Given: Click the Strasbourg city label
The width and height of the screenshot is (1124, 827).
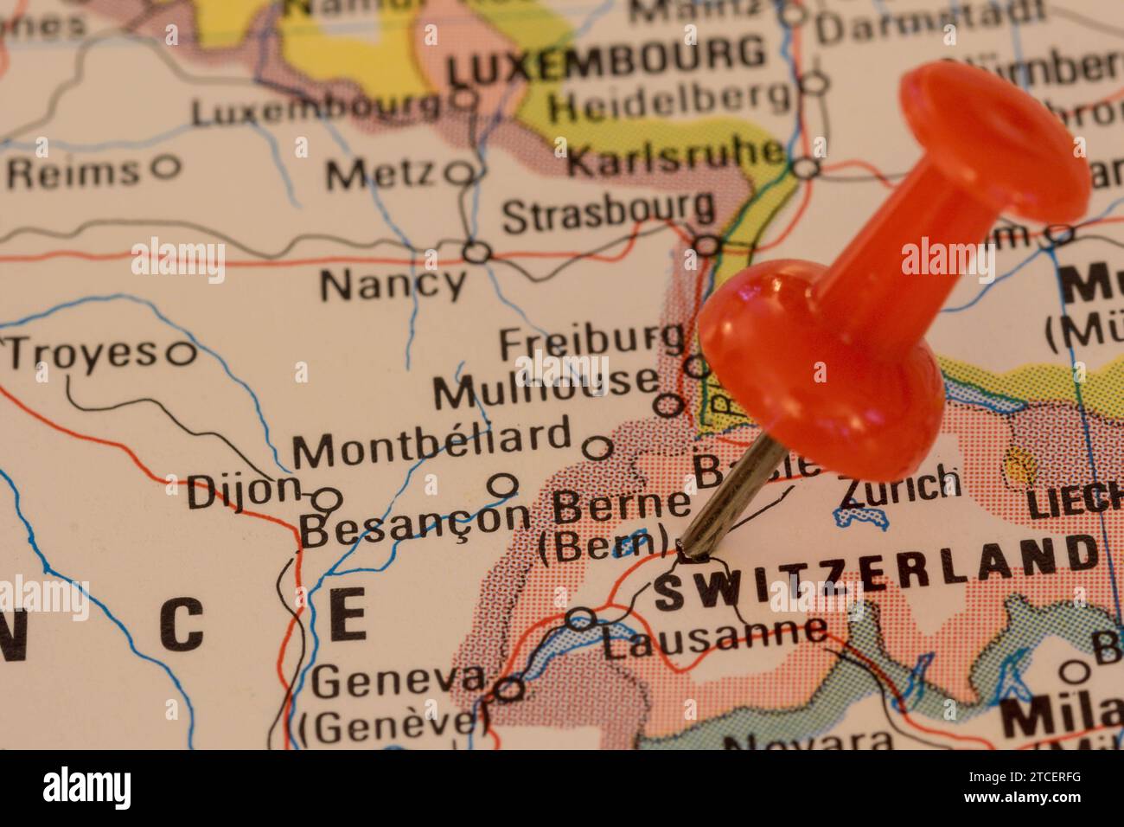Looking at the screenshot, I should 608,213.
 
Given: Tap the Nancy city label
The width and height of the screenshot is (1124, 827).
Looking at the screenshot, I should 393,284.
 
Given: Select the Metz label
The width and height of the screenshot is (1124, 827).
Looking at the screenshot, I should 380,176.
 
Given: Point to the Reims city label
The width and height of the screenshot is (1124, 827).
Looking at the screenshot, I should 73,172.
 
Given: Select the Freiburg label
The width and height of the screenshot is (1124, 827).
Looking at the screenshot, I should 591,342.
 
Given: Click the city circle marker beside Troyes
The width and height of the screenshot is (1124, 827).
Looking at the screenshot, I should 182,352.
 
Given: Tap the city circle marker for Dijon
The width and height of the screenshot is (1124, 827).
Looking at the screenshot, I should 326,499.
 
